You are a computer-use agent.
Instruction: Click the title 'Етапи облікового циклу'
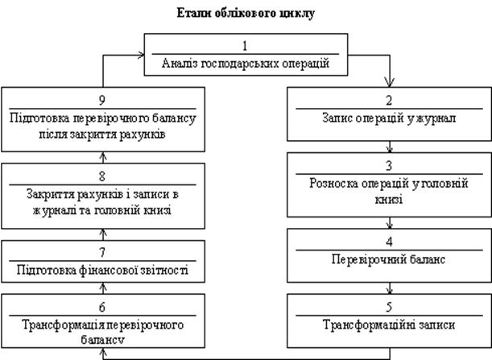246,14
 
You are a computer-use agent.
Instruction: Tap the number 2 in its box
391,101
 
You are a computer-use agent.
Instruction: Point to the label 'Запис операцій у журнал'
391,118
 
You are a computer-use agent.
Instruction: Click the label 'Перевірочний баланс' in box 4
391,260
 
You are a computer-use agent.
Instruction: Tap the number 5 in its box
391,308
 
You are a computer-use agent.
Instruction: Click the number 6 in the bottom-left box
100,308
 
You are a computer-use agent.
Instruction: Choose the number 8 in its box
100,177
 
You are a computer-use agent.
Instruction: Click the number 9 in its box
100,101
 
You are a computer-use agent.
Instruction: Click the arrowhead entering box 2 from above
391,82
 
